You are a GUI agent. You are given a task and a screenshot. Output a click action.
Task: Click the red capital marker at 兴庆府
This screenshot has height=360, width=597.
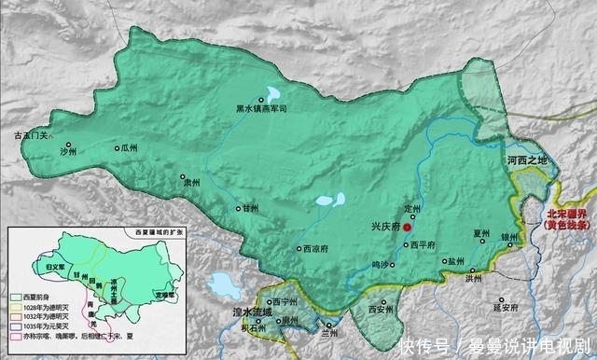click(x=406, y=227)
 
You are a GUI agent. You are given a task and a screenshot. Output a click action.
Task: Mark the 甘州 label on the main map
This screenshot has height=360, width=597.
click(x=251, y=209)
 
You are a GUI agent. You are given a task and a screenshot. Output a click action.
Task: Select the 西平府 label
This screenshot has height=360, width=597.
click(x=423, y=245)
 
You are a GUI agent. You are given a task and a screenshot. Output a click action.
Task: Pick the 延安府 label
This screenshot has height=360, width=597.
click(x=504, y=305)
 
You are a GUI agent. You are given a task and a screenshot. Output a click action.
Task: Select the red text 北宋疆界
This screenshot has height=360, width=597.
click(x=569, y=213)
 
